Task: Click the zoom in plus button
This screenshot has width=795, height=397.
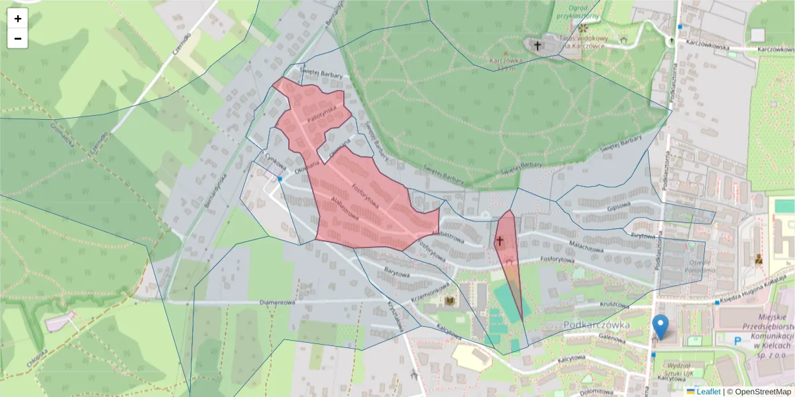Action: [x=18, y=19]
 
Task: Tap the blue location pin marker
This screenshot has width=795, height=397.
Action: [x=661, y=326]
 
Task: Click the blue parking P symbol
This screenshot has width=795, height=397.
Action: [x=739, y=340]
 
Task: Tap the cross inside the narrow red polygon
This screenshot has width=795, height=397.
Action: [x=500, y=242]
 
